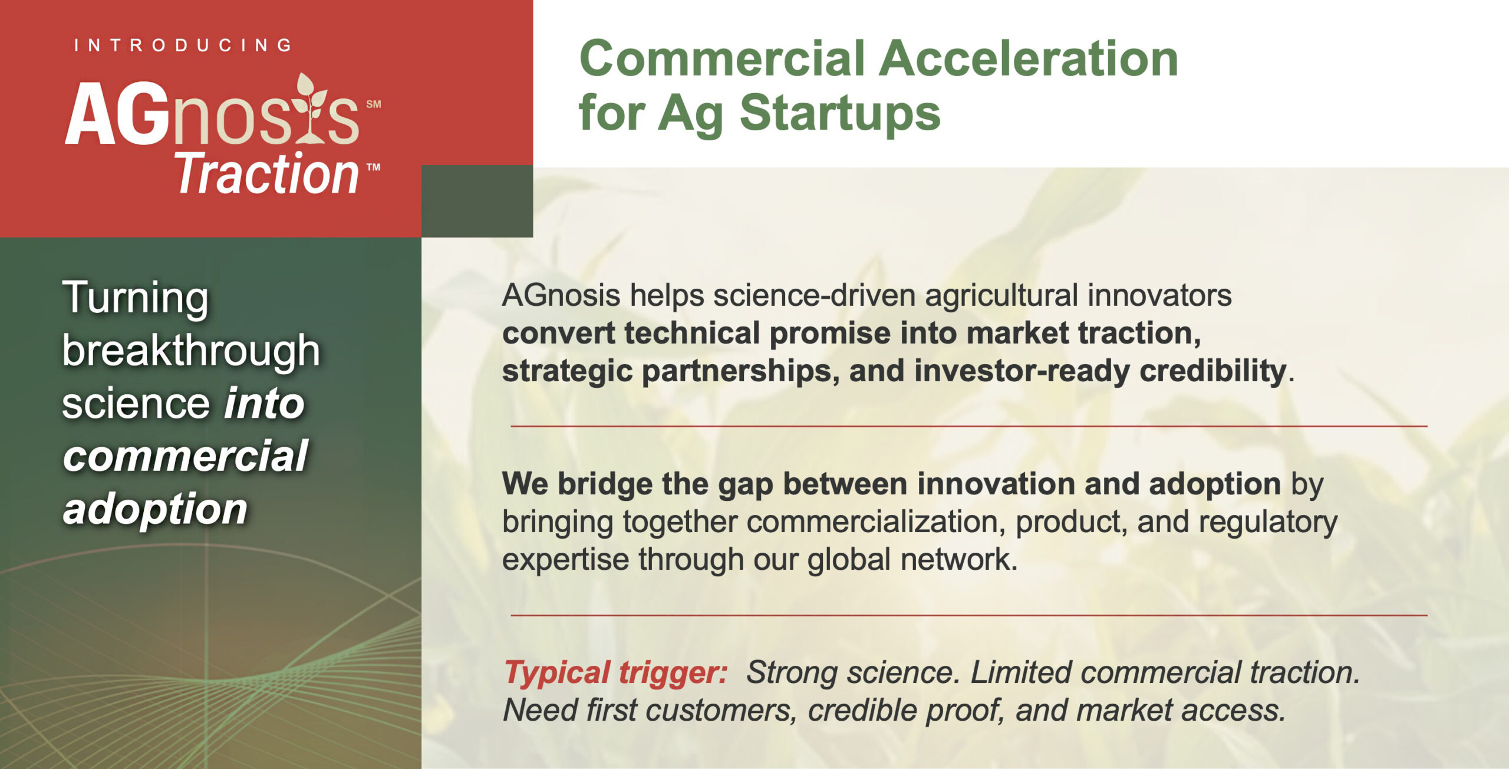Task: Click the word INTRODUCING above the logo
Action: [x=183, y=45]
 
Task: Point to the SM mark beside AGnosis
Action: [x=374, y=104]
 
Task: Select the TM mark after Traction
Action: [x=373, y=167]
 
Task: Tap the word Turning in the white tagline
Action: [x=136, y=298]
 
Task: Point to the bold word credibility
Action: [x=1213, y=371]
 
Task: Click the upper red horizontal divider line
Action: [x=969, y=426]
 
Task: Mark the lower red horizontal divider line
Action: [x=969, y=615]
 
